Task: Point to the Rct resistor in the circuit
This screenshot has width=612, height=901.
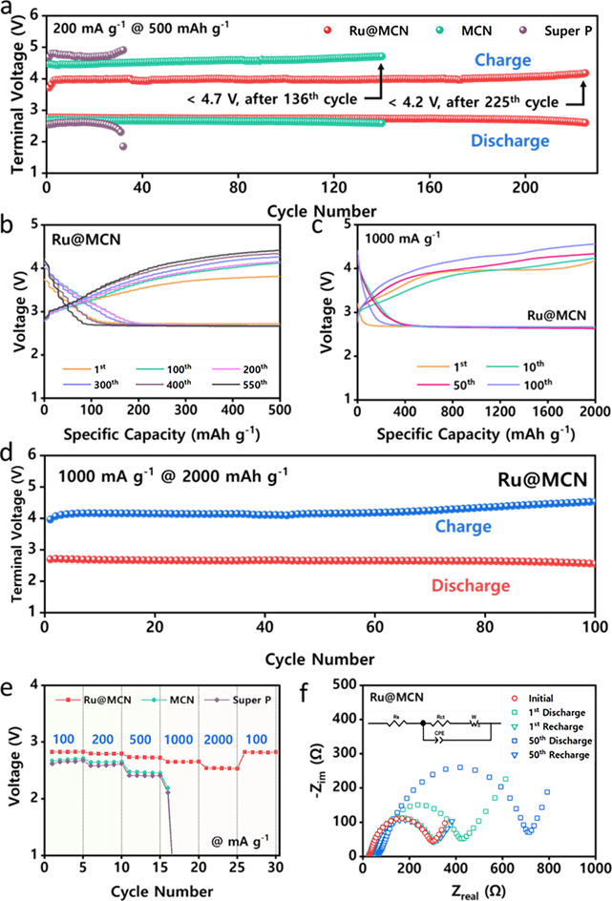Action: click(x=441, y=723)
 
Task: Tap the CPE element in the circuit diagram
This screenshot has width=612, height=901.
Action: click(x=440, y=738)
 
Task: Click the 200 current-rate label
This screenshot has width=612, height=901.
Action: click(x=102, y=740)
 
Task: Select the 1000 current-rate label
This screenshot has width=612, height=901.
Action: click(x=179, y=740)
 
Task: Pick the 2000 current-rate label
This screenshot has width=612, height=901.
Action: click(x=218, y=740)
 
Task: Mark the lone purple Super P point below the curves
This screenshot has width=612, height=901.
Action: click(x=122, y=146)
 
